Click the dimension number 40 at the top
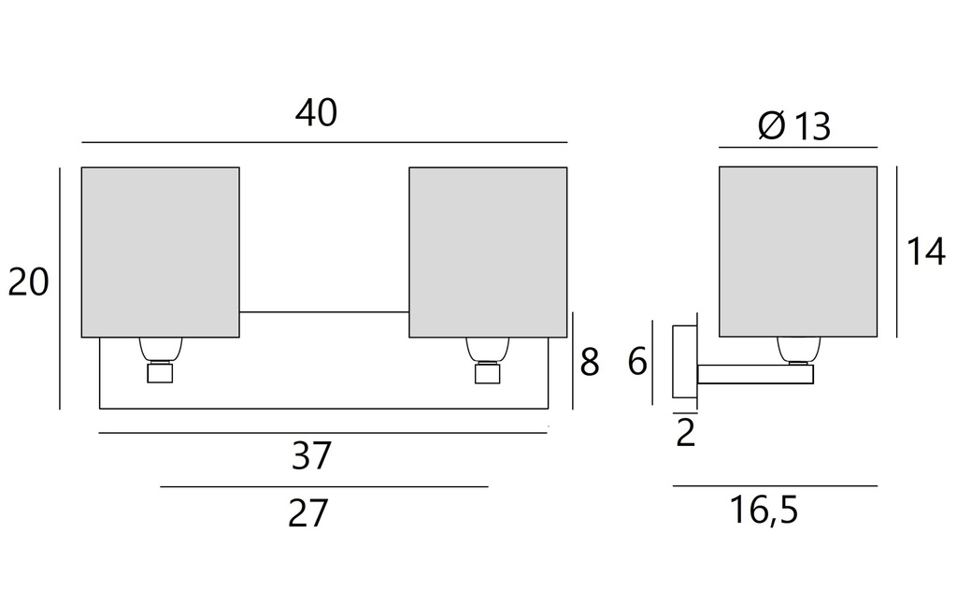point(316,113)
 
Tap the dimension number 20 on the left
point(28,281)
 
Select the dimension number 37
point(312,456)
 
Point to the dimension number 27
point(308,513)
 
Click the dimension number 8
point(589,363)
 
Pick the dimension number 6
point(637,362)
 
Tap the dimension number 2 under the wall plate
point(686,434)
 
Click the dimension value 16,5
point(764,512)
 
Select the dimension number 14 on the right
point(925,252)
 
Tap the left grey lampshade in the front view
point(160,252)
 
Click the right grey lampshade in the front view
point(488,252)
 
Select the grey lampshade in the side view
point(797,251)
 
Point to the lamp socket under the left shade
point(160,360)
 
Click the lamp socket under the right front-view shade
point(487,360)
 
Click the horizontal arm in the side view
point(754,374)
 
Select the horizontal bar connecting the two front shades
point(324,312)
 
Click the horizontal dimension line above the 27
point(323,487)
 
